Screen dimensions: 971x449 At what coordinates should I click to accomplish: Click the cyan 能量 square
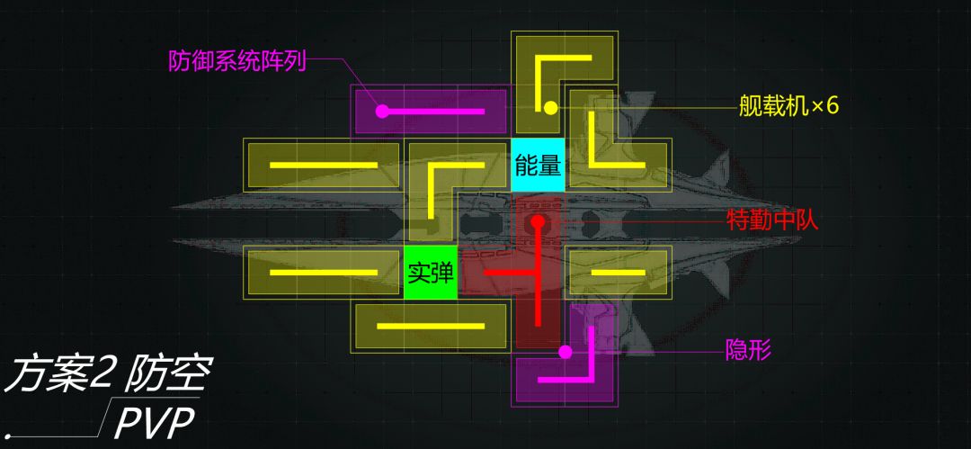pyautogui.click(x=538, y=165)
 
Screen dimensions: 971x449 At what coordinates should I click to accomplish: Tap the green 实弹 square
pyautogui.click(x=431, y=273)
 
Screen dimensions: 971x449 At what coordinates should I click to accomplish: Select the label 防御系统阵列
pyautogui.click(x=237, y=61)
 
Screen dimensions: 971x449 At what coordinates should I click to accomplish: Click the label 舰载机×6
pyautogui.click(x=788, y=106)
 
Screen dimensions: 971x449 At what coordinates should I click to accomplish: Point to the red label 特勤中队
pyautogui.click(x=772, y=220)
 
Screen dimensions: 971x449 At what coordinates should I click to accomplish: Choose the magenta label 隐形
pyautogui.click(x=748, y=350)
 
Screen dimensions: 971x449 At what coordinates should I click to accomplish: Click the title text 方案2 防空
pyautogui.click(x=106, y=374)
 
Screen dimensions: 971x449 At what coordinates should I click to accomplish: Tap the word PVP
pyautogui.click(x=155, y=423)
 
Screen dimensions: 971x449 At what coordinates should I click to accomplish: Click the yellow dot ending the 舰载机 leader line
pyautogui.click(x=550, y=109)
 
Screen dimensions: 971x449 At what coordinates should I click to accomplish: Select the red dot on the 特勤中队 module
pyautogui.click(x=538, y=220)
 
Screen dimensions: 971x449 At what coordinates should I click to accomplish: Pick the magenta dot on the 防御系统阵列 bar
pyautogui.click(x=383, y=112)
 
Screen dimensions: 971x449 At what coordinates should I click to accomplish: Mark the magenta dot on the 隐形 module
pyautogui.click(x=565, y=352)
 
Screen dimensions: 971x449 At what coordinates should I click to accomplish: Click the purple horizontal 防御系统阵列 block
pyautogui.click(x=431, y=112)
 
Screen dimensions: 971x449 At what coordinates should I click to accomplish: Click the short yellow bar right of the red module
pyautogui.click(x=619, y=273)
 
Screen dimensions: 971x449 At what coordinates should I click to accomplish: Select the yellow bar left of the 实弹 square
pyautogui.click(x=324, y=273)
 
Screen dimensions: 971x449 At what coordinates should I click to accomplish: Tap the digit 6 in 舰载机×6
pyautogui.click(x=832, y=106)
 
